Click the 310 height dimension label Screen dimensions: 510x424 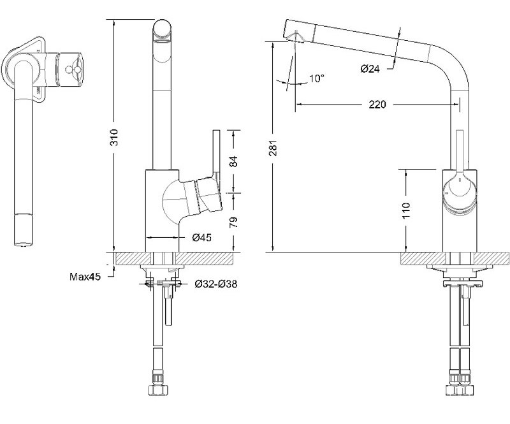(x=114, y=137)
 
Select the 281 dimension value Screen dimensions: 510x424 (x=273, y=148)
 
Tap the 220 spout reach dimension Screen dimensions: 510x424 (x=377, y=105)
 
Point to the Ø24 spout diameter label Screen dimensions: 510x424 (x=370, y=69)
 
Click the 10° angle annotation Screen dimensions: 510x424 (x=316, y=78)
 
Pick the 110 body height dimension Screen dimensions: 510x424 (x=406, y=210)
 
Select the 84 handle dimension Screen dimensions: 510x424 (x=233, y=162)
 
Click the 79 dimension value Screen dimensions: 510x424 (x=233, y=222)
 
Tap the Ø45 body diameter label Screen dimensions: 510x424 (x=201, y=238)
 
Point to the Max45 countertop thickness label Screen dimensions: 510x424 (x=85, y=277)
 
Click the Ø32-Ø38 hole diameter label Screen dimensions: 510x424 (x=216, y=284)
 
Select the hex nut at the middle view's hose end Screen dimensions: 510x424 (x=157, y=390)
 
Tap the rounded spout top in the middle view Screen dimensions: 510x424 (x=162, y=29)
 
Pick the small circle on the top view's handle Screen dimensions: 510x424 (x=68, y=69)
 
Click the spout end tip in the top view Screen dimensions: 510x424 (x=24, y=245)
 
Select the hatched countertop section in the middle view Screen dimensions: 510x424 (x=174, y=259)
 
